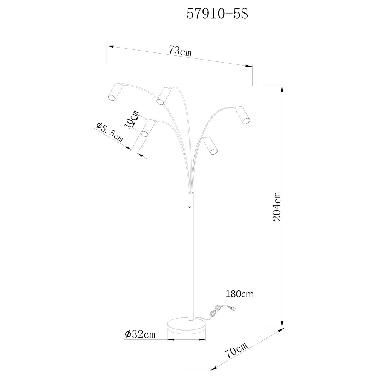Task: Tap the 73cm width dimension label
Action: coord(180,51)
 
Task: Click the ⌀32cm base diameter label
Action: coord(140,334)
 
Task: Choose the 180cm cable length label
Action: coord(239,294)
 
